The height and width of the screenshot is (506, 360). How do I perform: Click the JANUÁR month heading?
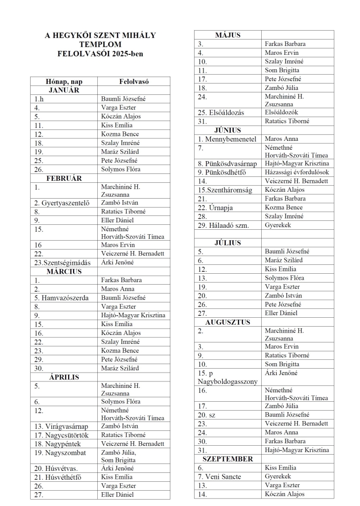tap(64, 90)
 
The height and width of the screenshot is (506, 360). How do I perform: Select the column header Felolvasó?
tap(133, 81)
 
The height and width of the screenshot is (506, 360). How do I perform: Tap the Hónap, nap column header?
tap(64, 81)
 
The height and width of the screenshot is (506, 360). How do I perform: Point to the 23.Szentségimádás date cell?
tap(63, 262)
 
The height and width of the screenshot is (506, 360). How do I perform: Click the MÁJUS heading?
tap(228, 35)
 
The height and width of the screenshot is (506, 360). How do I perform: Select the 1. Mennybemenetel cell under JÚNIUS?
tap(227, 139)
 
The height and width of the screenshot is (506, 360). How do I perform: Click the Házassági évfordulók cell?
tap(297, 172)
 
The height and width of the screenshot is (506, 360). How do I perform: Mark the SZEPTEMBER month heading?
tap(228, 459)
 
